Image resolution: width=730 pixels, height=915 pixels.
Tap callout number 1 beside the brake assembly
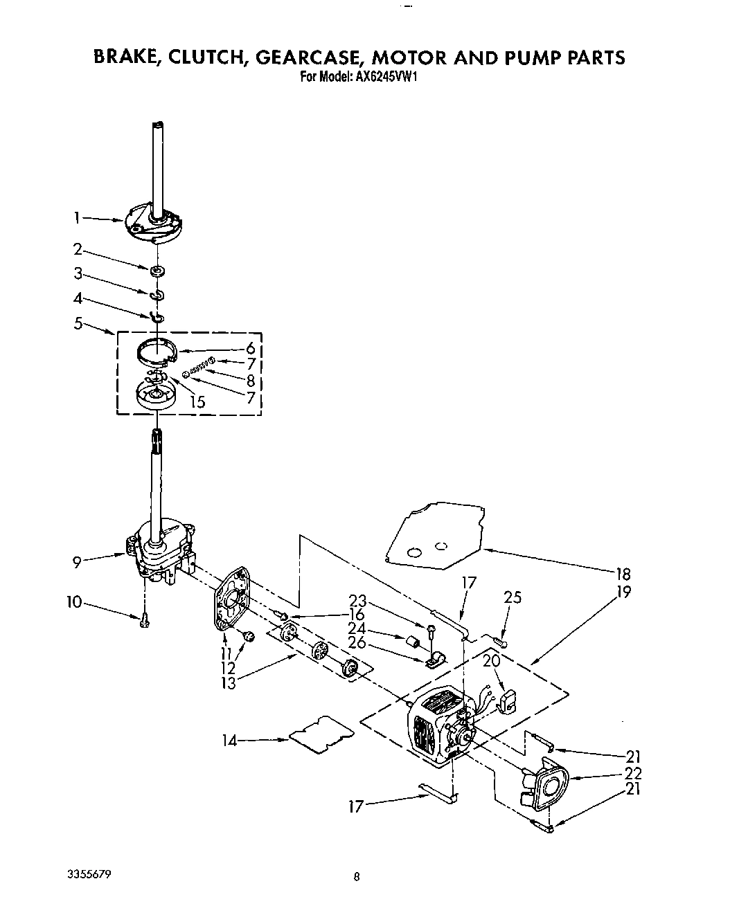78,218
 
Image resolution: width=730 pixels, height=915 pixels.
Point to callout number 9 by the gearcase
78,561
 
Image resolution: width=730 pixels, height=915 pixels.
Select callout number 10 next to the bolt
74,602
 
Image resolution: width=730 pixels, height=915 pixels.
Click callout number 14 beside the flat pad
229,741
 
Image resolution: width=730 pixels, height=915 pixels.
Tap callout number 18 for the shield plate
623,574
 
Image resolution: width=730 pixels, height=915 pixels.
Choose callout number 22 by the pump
632,773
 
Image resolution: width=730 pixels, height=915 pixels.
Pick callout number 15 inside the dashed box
197,401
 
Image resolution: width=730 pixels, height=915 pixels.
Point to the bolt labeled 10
144,621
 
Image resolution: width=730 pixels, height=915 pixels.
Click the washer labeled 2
159,270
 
